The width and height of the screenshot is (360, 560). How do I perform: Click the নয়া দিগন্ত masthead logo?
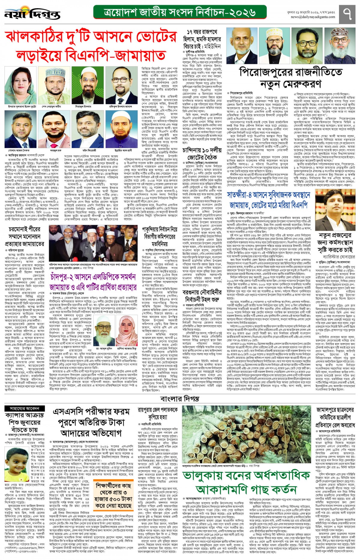(32, 13)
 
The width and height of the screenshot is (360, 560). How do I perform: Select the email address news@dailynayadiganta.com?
(313, 17)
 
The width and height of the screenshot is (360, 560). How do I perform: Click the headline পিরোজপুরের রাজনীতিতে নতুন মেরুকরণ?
(290, 78)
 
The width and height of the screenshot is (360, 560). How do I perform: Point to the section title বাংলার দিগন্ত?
(180, 399)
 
